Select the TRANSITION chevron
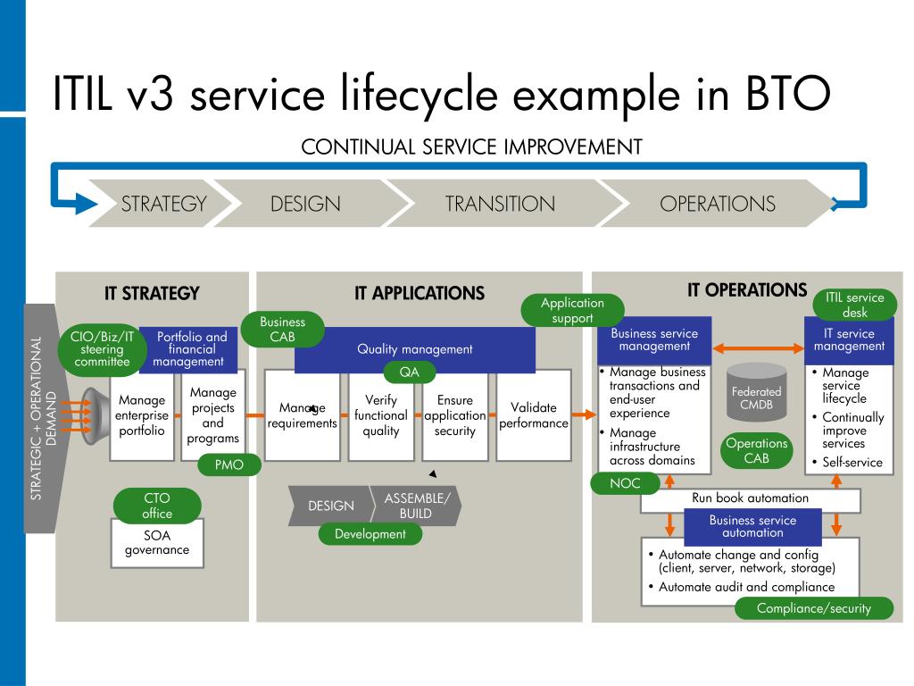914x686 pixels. (x=502, y=203)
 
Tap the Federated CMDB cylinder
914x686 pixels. (x=757, y=392)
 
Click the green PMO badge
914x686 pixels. (x=229, y=464)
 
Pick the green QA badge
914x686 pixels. (x=409, y=372)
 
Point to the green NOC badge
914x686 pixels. (x=625, y=483)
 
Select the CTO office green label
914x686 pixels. (x=157, y=506)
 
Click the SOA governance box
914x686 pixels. (x=157, y=543)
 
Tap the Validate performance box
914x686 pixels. (x=534, y=415)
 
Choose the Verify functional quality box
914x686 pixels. (x=381, y=415)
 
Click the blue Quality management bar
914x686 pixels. (x=415, y=349)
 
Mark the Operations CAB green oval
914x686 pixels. (x=757, y=450)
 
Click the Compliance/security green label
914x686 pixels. (x=814, y=608)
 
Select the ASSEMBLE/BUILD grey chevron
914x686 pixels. (x=416, y=506)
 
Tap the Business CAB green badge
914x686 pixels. (x=283, y=330)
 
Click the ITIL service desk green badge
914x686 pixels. (x=854, y=305)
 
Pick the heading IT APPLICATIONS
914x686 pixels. (x=420, y=293)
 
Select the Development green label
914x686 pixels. (x=370, y=534)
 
